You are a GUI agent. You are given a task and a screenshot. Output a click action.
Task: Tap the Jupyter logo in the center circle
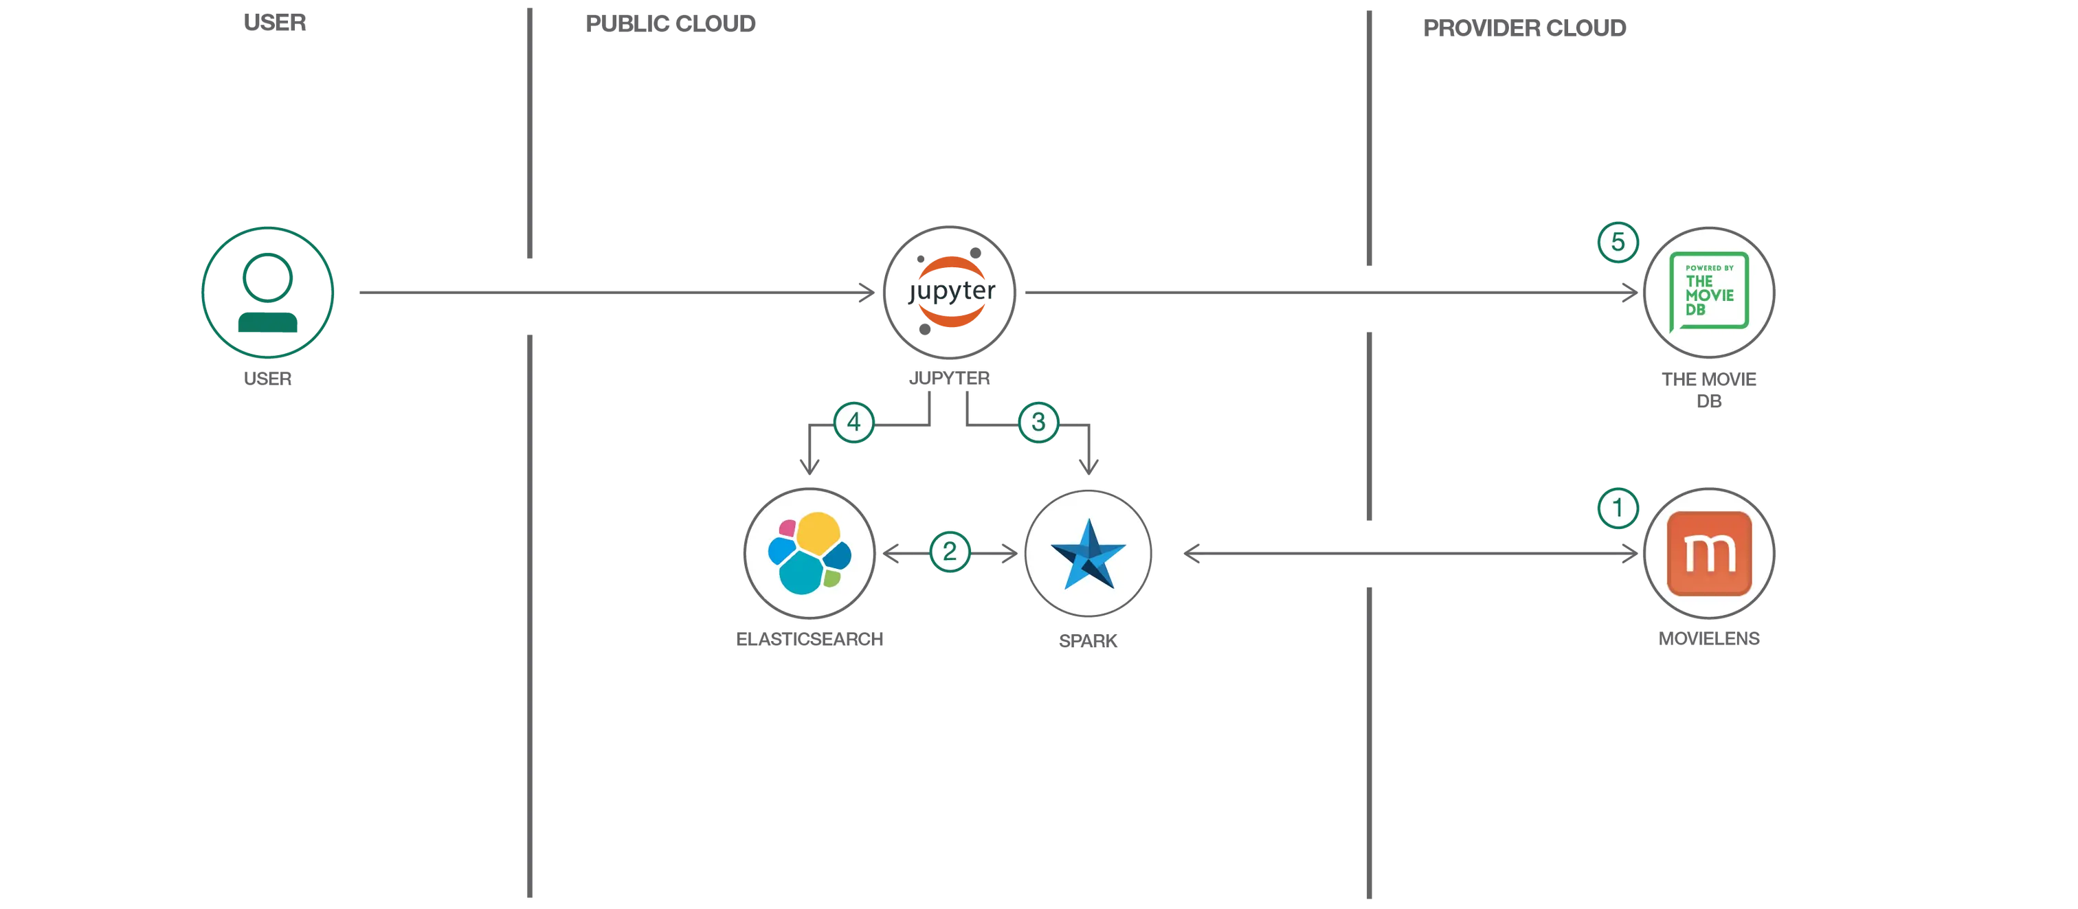coord(950,292)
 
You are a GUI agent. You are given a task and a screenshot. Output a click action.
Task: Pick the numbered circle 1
coord(1617,508)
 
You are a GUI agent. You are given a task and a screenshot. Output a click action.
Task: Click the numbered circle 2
coord(950,552)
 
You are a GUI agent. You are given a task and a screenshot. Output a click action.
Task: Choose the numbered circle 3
coord(1038,422)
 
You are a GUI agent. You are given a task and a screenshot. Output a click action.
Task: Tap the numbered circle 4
coord(853,422)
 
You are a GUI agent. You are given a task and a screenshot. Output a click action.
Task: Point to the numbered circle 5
coord(1618,242)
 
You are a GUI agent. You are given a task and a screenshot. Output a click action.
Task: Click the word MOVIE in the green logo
coord(1708,295)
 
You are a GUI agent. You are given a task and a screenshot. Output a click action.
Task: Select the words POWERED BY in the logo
coord(1708,268)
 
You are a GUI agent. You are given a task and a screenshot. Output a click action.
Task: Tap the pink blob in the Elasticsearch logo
coord(785,529)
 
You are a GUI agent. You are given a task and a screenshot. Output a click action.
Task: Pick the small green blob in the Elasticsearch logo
coord(831,578)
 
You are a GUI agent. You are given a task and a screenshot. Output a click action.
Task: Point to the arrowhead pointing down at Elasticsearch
coord(809,465)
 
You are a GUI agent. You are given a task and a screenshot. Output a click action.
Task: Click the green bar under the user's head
coord(269,324)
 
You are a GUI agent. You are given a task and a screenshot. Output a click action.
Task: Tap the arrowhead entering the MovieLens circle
coord(1631,554)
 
